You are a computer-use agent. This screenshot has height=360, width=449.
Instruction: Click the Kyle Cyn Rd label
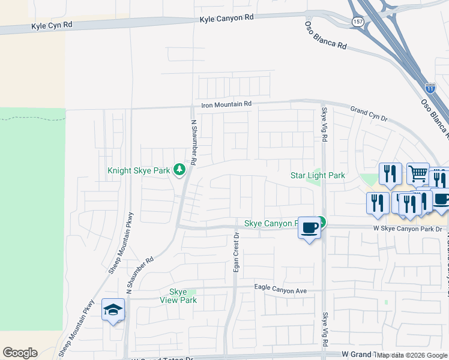pos(52,26)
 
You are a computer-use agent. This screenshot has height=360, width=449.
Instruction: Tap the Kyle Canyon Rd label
pos(227,18)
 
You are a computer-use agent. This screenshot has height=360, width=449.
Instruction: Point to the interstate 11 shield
pos(430,88)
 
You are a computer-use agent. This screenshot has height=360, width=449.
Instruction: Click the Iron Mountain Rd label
pos(226,104)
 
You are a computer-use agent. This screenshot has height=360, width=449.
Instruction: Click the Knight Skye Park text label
pos(139,170)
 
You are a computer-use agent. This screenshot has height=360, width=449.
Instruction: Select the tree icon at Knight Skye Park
pos(179,170)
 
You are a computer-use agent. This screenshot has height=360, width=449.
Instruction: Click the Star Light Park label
pos(318,175)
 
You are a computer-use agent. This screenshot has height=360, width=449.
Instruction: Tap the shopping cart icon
pos(418,174)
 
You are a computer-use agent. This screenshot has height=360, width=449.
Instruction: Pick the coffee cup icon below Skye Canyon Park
pos(309,229)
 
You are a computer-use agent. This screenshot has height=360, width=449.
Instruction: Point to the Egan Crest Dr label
pos(236,252)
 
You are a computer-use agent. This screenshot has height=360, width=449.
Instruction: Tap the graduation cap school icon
pos(113,310)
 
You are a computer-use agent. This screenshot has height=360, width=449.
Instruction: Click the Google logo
pos(20,353)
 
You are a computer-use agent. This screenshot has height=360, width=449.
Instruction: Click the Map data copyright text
pos(412,355)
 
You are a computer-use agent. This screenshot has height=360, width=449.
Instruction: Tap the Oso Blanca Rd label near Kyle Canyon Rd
pos(326,37)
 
